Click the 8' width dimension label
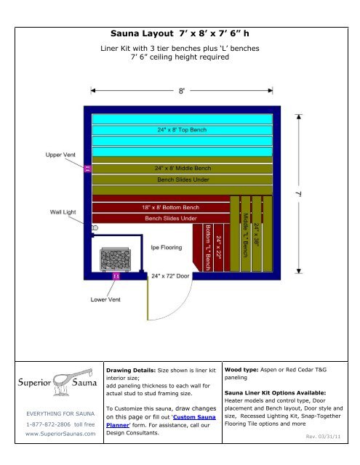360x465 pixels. (182, 91)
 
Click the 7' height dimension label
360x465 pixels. (297, 195)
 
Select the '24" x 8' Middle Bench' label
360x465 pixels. (183, 167)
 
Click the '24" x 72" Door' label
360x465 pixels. (169, 277)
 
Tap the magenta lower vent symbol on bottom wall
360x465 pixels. (114, 277)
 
